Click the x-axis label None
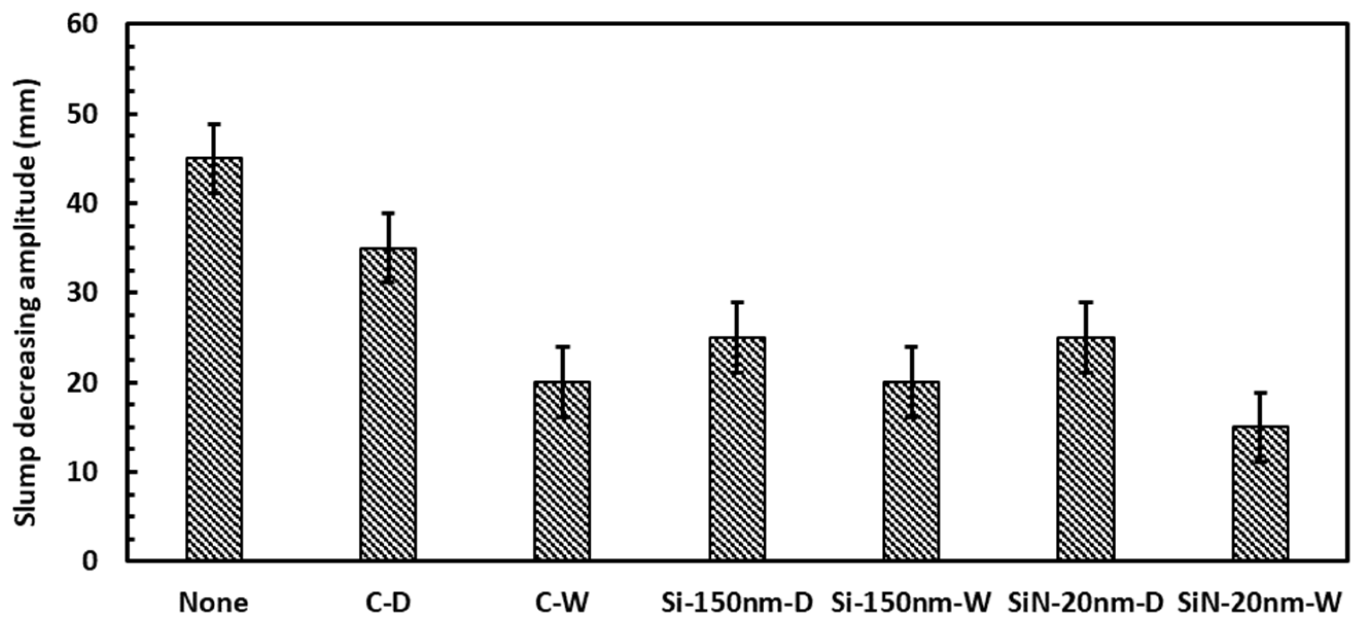(x=214, y=603)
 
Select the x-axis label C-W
(x=562, y=603)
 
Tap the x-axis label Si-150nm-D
(x=737, y=603)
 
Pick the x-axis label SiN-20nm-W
(x=1260, y=603)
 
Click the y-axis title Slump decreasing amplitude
(x=26, y=304)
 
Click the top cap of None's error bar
(x=214, y=124)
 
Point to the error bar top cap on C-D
(x=388, y=213)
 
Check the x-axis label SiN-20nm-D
(x=1086, y=603)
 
